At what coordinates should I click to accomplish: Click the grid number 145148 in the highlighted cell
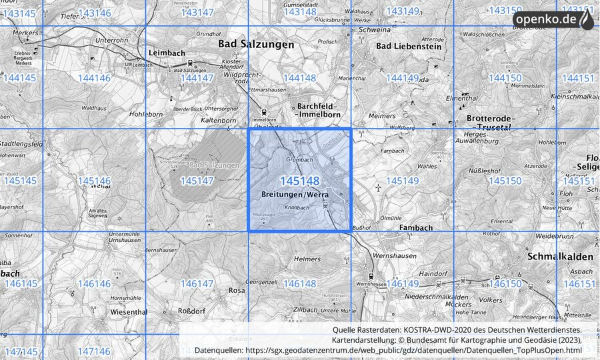299,181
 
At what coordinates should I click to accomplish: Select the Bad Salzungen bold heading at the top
256,44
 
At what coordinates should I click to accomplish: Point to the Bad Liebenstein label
409,46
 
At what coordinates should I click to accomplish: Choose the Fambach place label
415,227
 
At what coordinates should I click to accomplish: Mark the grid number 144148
299,78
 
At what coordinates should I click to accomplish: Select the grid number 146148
299,284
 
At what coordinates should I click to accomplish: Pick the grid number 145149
402,181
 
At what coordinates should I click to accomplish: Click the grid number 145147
197,181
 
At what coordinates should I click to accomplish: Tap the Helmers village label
307,259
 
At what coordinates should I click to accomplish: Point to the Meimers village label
382,116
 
